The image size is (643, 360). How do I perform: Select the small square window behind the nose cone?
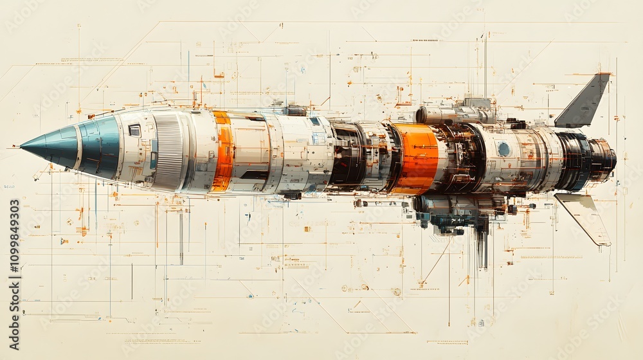(x=134, y=130)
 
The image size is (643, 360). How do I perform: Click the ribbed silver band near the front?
(x=169, y=152)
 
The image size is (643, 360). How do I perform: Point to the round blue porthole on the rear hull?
(x=503, y=149)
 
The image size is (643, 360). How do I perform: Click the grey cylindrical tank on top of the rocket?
(x=450, y=114)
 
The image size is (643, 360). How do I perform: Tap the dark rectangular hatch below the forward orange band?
(x=255, y=175)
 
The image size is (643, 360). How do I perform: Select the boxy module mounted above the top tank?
(x=476, y=103)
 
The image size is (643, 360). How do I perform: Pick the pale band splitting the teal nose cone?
(x=79, y=146)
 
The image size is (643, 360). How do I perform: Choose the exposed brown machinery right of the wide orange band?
(x=460, y=158)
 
